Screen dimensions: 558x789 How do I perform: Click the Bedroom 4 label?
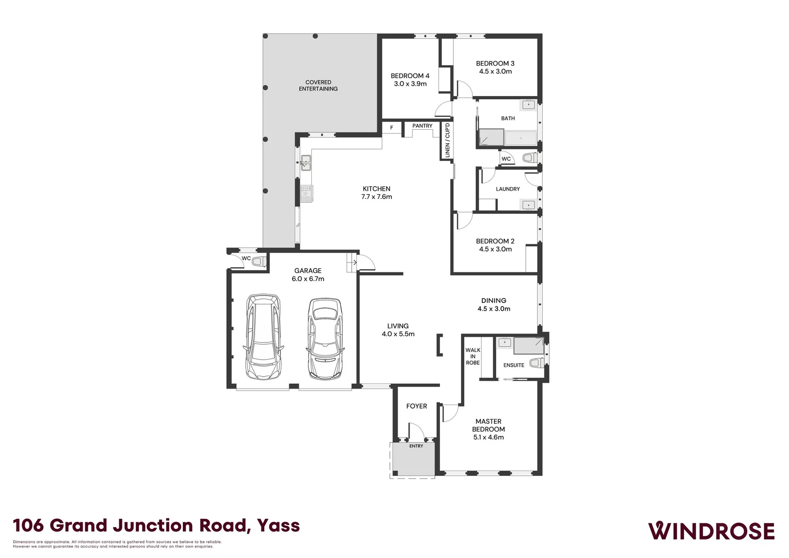410,76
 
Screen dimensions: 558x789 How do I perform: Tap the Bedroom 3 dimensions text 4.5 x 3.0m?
495,72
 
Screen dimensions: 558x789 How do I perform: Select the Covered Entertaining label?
318,86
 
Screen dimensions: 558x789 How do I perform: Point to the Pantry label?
422,126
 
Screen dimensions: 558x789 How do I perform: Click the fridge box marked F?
391,128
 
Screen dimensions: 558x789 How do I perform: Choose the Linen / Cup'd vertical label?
448,140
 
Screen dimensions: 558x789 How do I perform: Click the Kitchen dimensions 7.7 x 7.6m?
376,197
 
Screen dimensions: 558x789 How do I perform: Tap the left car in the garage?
263,336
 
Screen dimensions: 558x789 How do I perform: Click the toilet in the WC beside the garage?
258,262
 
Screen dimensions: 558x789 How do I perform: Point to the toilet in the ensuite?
535,363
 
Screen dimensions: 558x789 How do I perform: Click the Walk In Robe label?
472,357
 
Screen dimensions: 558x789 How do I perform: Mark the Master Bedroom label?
488,425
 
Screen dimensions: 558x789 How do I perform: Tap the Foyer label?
417,406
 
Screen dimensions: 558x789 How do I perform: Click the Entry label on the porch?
416,446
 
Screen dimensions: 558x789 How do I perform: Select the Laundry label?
508,189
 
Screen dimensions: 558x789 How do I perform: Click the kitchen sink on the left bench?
306,163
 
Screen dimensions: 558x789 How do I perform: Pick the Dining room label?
494,301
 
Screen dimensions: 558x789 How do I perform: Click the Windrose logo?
711,531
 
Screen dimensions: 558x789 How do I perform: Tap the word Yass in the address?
279,526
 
